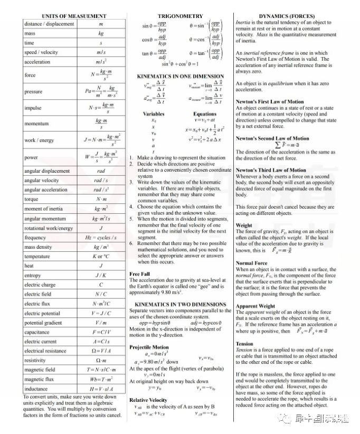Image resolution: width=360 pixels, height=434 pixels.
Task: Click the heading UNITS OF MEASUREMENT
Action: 73,16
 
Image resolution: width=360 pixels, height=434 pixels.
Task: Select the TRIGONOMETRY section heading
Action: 180,16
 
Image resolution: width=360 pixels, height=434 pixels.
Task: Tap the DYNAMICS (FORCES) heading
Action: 287,16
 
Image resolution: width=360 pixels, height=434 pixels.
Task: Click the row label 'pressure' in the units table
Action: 33,91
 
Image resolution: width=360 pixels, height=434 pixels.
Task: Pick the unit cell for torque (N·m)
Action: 101,199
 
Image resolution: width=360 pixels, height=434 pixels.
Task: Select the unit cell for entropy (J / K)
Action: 101,275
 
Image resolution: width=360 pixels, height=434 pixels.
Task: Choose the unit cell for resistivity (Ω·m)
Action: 101,360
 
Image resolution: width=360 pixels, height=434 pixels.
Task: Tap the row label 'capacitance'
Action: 37,332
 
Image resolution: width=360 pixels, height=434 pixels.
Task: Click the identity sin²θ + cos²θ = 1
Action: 180,64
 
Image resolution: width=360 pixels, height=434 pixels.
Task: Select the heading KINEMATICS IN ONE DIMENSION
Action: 180,77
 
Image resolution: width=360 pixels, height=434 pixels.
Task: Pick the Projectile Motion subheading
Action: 149,347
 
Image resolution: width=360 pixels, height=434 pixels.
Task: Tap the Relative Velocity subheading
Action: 148,400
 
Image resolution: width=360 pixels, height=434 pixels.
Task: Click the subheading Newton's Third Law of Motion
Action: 271,170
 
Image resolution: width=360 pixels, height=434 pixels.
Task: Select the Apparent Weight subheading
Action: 255,306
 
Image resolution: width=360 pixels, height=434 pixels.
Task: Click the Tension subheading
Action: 245,343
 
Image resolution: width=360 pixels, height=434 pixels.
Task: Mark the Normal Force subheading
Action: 251,262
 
